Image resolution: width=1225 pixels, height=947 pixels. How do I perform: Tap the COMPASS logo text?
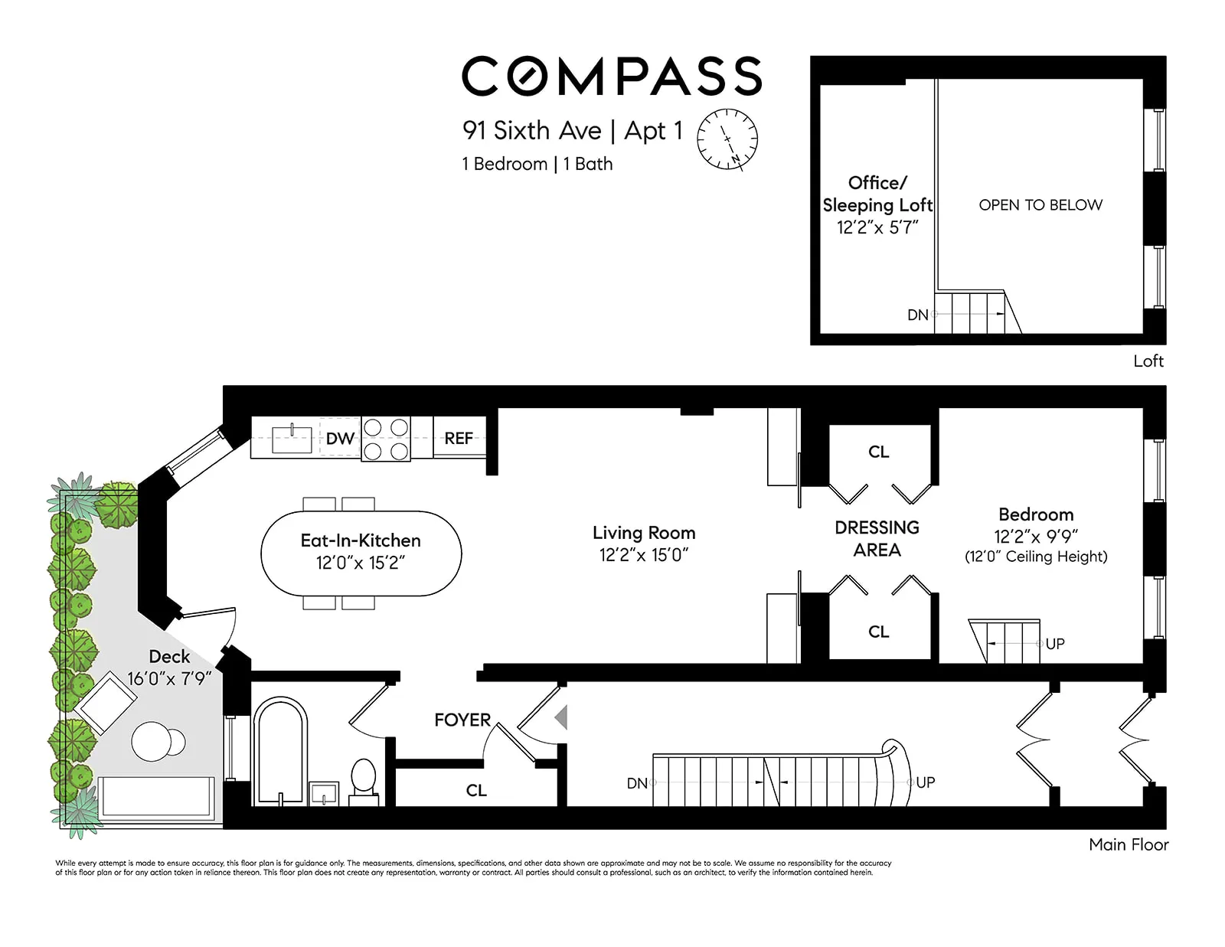(611, 77)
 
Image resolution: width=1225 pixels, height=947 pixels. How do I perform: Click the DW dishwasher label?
(340, 439)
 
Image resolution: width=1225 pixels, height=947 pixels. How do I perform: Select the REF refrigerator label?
(459, 439)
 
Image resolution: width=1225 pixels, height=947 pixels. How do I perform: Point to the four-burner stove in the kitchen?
(386, 439)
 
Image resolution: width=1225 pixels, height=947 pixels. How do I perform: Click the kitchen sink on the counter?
(292, 439)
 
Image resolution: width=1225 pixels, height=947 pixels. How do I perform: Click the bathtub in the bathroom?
(280, 752)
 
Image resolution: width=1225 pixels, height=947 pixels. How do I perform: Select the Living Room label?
(644, 533)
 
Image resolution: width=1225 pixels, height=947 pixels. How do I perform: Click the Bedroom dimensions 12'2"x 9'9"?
(1036, 537)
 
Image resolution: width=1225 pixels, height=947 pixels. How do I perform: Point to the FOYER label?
(462, 720)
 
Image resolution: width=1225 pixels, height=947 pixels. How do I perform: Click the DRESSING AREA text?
(877, 539)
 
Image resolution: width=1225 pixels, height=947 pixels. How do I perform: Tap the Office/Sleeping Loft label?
(877, 194)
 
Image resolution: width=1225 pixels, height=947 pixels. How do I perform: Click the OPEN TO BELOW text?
(1040, 205)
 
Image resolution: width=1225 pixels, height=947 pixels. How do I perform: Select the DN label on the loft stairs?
(917, 315)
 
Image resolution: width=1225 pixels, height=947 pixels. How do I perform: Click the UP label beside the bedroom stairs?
(1055, 644)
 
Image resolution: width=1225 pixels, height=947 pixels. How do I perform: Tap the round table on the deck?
(152, 741)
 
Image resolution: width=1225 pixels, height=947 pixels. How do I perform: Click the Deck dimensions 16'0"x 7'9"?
(169, 679)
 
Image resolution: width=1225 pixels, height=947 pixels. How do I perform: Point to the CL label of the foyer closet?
(476, 790)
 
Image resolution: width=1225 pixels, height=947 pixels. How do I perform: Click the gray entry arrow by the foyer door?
(561, 717)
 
